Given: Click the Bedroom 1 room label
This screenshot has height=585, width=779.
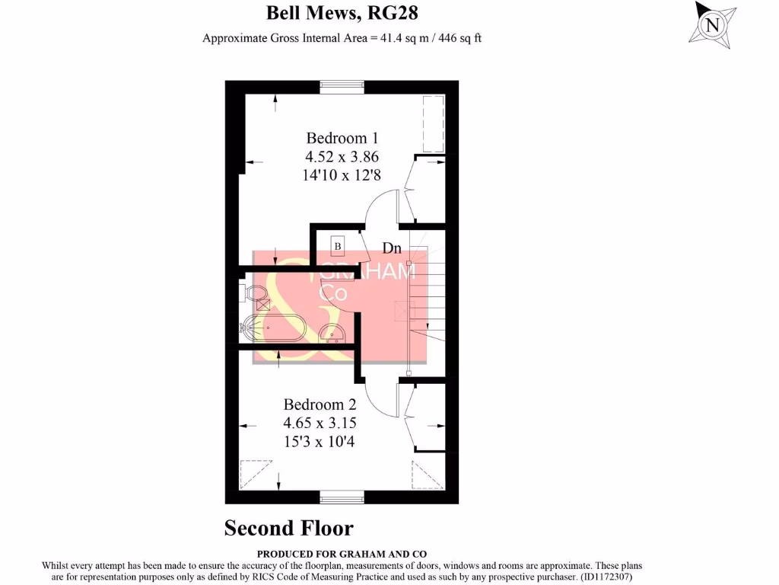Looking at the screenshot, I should pos(342,138).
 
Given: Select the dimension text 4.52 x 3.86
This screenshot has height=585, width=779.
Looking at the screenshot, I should pos(342,157).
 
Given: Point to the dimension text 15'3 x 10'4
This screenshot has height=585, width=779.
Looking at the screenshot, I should pos(320,440).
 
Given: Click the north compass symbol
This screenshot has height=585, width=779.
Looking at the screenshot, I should pos(712,24).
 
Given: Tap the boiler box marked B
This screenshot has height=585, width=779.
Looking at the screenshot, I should pos(338,246).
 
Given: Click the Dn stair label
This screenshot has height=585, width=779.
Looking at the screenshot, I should pos(392,248).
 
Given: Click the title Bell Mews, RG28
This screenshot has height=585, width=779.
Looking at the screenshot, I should pos(342,13).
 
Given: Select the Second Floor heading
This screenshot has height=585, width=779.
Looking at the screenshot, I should pos(288,528).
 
